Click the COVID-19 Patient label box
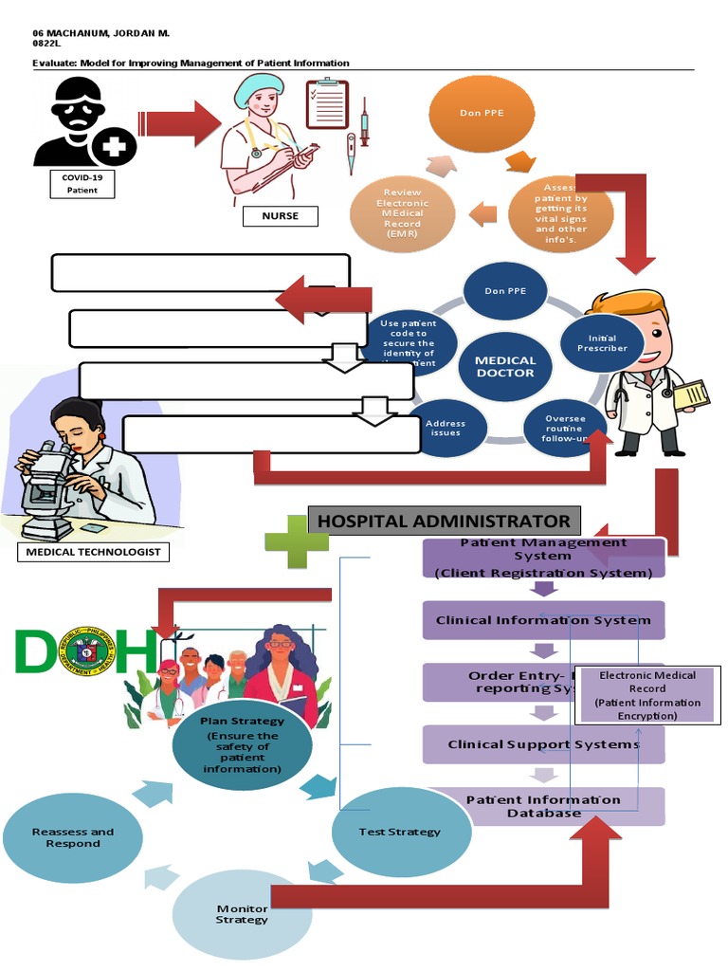click(x=82, y=183)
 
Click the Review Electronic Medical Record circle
click(x=402, y=214)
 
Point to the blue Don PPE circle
click(x=505, y=291)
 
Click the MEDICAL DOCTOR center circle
click(x=505, y=366)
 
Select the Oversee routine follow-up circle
click(x=565, y=427)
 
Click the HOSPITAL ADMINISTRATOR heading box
click(x=444, y=521)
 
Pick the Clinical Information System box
click(x=543, y=620)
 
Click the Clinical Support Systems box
click(x=543, y=744)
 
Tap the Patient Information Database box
click(x=543, y=806)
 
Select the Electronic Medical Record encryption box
click(x=647, y=695)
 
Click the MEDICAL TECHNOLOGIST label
click(x=93, y=552)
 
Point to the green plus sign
click(x=296, y=541)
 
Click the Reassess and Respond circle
click(x=72, y=837)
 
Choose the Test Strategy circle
click(x=399, y=832)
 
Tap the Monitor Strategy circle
click(x=241, y=913)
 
